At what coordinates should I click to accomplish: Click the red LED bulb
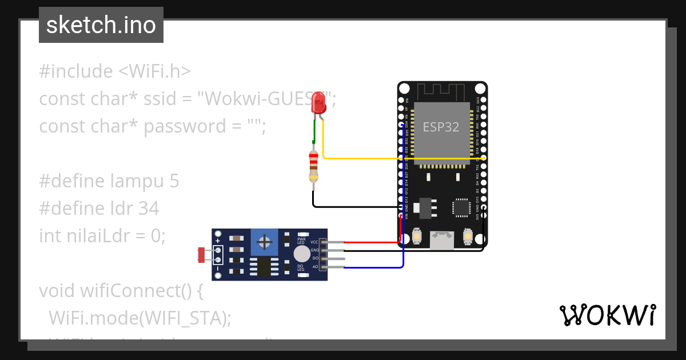[318, 103]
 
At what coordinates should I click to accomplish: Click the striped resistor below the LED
[313, 166]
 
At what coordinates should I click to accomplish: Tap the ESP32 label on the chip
[440, 127]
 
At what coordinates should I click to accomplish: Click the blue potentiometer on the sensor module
[265, 242]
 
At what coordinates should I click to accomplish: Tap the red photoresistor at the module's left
[201, 255]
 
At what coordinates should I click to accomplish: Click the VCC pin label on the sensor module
[314, 242]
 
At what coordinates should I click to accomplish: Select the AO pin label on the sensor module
[315, 266]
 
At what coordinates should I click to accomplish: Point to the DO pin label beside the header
[315, 258]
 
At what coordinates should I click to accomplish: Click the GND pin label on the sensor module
[314, 250]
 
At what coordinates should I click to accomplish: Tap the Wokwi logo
[607, 315]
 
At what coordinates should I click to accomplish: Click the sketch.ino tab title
[101, 25]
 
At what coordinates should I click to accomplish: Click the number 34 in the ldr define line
[149, 209]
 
